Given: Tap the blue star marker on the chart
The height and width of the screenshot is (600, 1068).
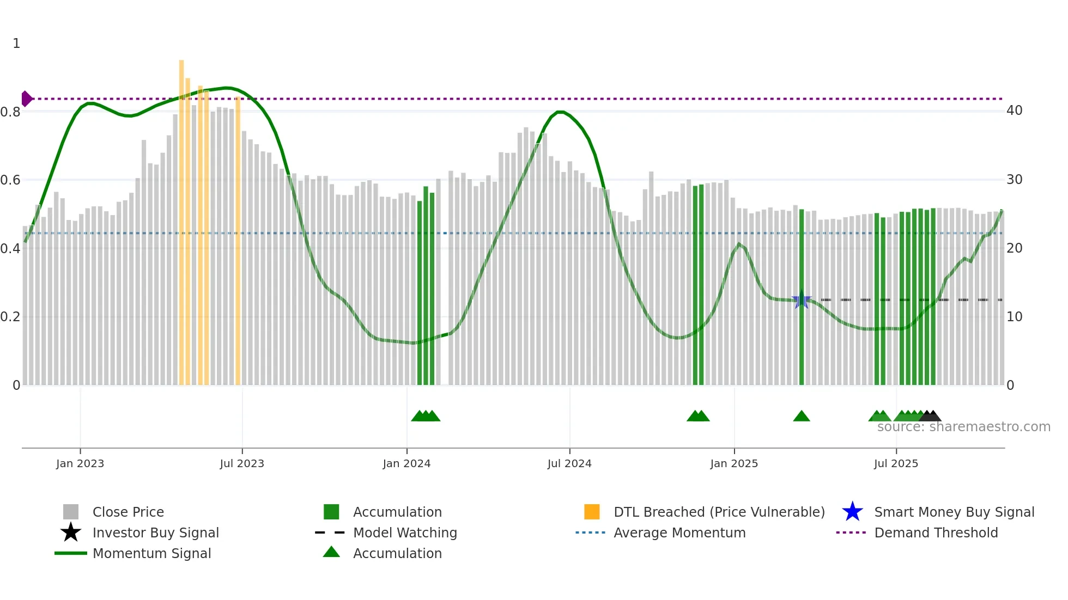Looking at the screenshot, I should [x=801, y=299].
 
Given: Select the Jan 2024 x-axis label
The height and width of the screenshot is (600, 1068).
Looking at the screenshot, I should [x=406, y=463].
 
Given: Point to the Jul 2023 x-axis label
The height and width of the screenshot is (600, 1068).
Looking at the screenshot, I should [x=242, y=463].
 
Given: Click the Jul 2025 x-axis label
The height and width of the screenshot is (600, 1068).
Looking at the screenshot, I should [x=896, y=463].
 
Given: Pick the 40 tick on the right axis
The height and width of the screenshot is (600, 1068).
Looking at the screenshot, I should [x=1014, y=111].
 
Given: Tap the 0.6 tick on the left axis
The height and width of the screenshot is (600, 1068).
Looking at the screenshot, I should [x=10, y=180].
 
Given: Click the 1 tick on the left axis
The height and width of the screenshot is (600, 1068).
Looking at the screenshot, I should [x=16, y=43].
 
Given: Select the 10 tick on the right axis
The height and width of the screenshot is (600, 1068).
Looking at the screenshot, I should [x=1014, y=316].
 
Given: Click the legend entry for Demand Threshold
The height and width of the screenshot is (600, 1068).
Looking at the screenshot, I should [x=936, y=532].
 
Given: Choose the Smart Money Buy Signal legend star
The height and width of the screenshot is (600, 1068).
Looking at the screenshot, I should [x=852, y=512].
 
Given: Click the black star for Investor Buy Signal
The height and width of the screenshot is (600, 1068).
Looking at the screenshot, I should [x=71, y=532].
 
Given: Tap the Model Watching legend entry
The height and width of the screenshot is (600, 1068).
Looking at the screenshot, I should [x=405, y=532].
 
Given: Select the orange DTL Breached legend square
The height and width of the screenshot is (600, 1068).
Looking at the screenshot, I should [x=592, y=512].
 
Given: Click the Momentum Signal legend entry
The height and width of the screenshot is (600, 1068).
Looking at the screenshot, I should [x=151, y=553].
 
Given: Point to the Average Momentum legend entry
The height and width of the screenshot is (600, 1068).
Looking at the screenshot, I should [x=679, y=532].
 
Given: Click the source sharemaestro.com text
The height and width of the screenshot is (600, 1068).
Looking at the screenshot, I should [x=963, y=427].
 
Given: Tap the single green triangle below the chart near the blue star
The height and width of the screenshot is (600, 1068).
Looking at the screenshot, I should [x=801, y=417].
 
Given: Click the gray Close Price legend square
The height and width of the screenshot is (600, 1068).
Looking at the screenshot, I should [x=71, y=512].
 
